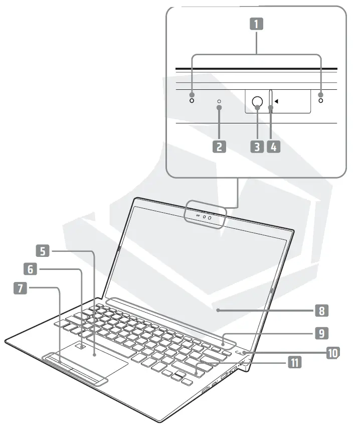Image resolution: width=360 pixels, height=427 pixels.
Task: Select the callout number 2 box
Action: point(219,147)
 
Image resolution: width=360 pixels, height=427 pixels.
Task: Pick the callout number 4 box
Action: point(273,147)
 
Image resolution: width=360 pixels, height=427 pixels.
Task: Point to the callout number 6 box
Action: point(31,269)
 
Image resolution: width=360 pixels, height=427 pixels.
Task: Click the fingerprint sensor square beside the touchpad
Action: point(82,346)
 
